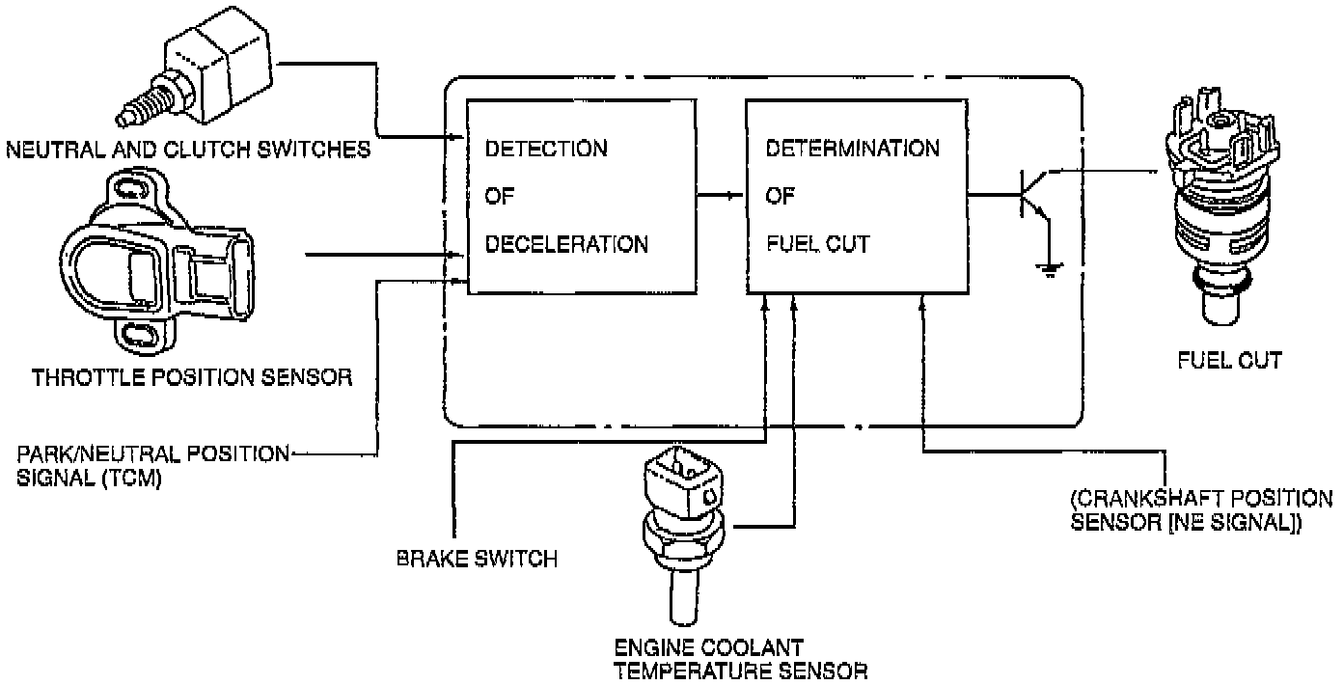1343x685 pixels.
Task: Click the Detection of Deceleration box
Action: pos(582,196)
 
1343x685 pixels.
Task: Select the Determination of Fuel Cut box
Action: pos(854,196)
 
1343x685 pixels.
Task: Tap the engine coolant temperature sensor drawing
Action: pos(681,526)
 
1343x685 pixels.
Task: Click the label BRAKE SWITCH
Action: pos(477,559)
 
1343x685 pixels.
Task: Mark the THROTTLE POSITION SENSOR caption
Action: pos(191,376)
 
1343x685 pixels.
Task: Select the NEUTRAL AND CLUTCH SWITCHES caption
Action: pos(187,150)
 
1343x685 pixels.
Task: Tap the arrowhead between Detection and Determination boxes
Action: pos(732,196)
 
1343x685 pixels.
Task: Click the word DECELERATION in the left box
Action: pos(566,244)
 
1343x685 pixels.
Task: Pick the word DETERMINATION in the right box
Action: pos(852,149)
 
